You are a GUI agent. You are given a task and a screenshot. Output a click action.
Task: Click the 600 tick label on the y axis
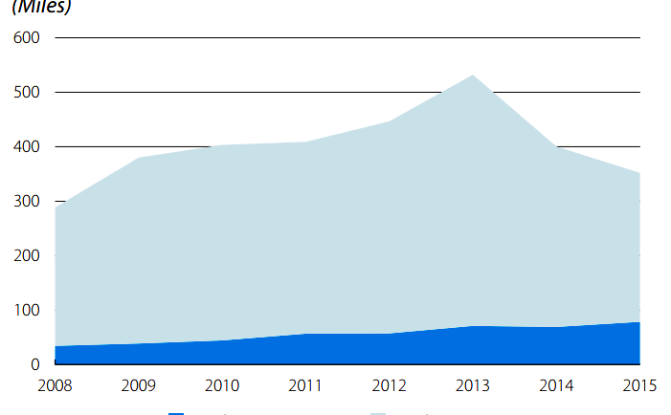point(28,38)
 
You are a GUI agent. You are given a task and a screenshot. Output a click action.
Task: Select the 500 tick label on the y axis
point(28,93)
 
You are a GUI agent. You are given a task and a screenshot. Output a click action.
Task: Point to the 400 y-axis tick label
point(28,147)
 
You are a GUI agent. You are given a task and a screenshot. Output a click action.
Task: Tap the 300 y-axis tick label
point(28,202)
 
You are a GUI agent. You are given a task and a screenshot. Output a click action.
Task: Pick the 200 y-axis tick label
point(28,256)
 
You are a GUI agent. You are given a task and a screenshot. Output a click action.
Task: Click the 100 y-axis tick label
point(28,311)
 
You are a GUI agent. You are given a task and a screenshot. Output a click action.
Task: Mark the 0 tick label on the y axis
point(35,365)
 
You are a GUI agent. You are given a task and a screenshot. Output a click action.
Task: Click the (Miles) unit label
point(42,7)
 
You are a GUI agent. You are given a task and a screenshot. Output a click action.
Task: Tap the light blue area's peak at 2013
point(473,76)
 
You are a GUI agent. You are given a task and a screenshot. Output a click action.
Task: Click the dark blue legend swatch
point(176,413)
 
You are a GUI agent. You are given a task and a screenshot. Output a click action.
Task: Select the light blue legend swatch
point(378,413)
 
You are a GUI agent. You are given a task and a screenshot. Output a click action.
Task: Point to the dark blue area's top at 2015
point(638,323)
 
